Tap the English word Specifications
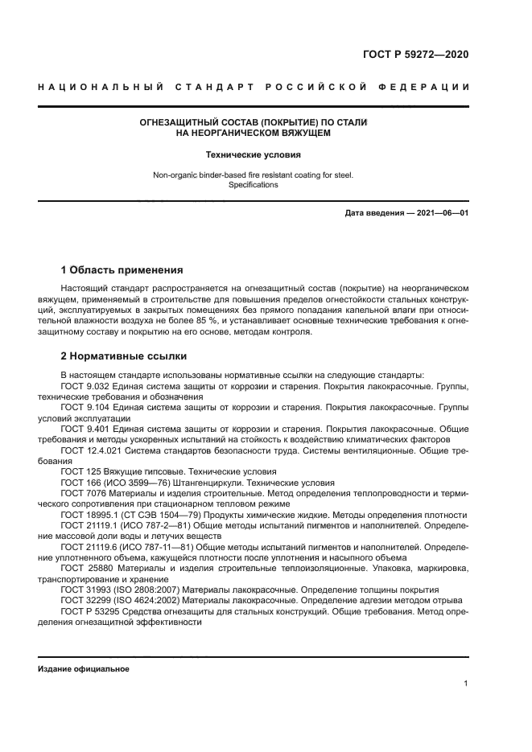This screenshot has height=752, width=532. click(253, 184)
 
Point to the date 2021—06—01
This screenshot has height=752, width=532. click(439, 213)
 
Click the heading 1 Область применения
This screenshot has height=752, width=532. click(122, 269)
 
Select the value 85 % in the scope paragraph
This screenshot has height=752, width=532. click(208, 321)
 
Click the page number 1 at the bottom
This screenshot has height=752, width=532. click(466, 684)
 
